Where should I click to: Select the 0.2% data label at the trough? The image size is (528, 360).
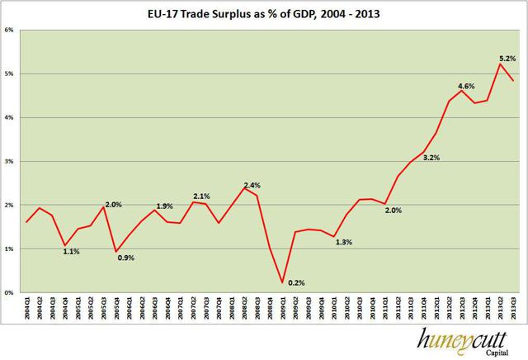point(295,283)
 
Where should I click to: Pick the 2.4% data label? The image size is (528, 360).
point(253,184)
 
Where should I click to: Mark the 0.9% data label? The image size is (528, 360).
point(126,258)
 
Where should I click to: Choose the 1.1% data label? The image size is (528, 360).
point(71,251)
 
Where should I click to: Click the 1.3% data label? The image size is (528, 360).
point(345,242)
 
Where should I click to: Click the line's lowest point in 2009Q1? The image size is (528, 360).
point(282,282)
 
